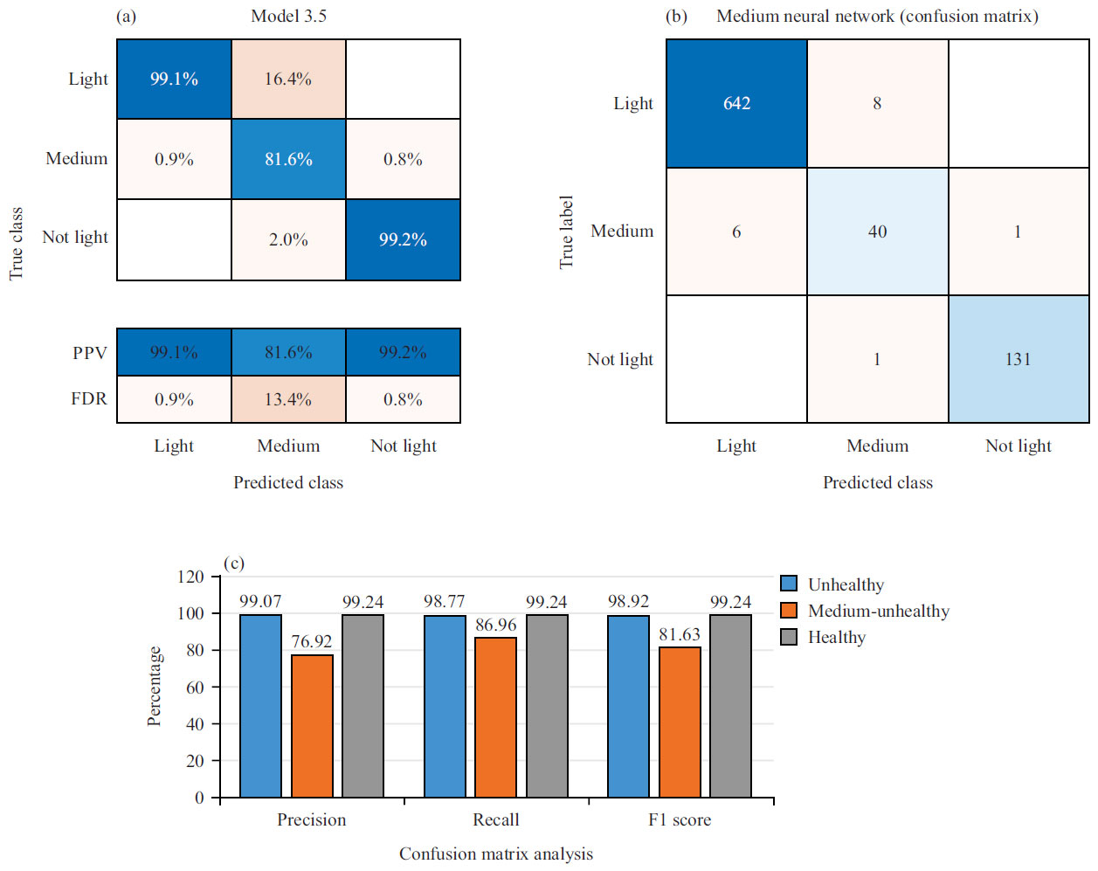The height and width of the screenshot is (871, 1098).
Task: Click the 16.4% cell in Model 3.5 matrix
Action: click(x=288, y=79)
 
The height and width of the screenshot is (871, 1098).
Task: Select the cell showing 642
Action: click(x=736, y=103)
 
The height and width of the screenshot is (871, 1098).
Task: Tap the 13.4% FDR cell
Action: click(x=288, y=399)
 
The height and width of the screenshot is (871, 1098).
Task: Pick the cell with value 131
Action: click(x=1018, y=359)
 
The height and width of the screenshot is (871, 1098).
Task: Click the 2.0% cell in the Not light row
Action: click(x=288, y=239)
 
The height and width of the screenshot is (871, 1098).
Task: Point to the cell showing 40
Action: click(x=877, y=232)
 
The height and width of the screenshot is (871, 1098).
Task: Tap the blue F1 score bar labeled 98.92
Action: click(x=628, y=706)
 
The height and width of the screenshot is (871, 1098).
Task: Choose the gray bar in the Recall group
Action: click(x=547, y=706)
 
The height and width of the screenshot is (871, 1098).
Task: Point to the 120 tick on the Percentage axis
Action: click(x=190, y=577)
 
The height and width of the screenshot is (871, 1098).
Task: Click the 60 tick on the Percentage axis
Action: click(x=195, y=688)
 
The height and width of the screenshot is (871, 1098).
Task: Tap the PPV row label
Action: click(x=90, y=353)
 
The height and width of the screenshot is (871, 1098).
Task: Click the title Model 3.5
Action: click(x=288, y=16)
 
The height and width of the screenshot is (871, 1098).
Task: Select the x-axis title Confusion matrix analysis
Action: click(x=495, y=854)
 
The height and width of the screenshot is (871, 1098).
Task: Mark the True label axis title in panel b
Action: click(x=566, y=232)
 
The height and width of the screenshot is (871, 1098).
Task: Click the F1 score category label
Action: click(x=680, y=819)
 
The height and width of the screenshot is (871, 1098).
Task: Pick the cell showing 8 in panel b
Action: click(x=877, y=103)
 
